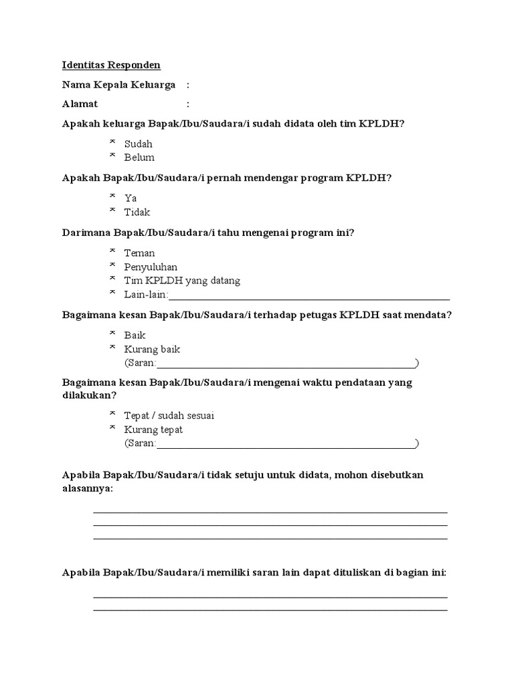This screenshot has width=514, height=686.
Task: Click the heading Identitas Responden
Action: pyautogui.click(x=111, y=66)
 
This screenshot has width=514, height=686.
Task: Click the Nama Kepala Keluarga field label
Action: pyautogui.click(x=118, y=85)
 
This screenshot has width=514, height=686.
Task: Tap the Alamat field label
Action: pyautogui.click(x=80, y=104)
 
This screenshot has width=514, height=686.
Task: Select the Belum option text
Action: pyautogui.click(x=139, y=157)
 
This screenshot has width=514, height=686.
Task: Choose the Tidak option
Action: pyautogui.click(x=137, y=212)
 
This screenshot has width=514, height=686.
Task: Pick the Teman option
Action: pyautogui.click(x=139, y=253)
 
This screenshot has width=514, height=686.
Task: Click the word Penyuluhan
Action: pyautogui.click(x=151, y=267)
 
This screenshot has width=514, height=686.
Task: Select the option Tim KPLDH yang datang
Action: pyautogui.click(x=182, y=281)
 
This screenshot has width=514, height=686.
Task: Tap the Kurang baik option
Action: pyautogui.click(x=152, y=349)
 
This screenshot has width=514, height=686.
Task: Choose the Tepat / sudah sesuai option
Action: pyautogui.click(x=169, y=415)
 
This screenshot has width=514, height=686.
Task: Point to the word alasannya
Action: pyautogui.click(x=87, y=489)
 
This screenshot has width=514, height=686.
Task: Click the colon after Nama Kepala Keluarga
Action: pyautogui.click(x=188, y=86)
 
